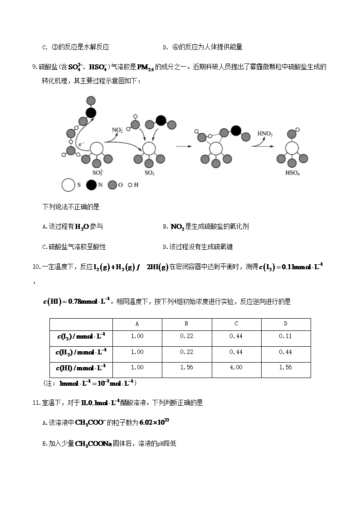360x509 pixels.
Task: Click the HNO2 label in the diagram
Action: click(265, 134)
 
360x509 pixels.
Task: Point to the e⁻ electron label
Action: click(81, 144)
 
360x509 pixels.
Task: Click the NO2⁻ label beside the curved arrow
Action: click(117, 131)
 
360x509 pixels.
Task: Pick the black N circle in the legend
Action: click(91, 185)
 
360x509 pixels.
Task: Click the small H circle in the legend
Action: click(130, 185)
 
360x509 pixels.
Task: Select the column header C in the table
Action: click(236, 324)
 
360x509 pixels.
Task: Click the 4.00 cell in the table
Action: click(236, 368)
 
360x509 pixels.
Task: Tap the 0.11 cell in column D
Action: click(286, 336)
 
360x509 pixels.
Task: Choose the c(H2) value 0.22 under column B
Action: click(186, 352)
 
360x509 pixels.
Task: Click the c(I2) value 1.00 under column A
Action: click(137, 336)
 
